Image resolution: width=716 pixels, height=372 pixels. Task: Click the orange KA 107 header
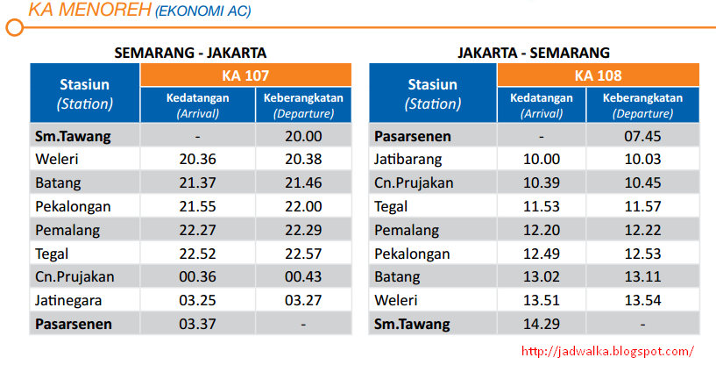click(245, 75)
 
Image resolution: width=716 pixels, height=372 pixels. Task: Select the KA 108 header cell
click(599, 75)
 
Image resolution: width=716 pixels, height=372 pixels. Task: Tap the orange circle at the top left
click(15, 27)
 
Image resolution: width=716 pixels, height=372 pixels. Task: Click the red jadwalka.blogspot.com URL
click(607, 351)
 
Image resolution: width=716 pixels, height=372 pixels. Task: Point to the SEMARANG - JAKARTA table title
click(190, 53)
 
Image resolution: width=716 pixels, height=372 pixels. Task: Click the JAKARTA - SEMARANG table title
click(534, 53)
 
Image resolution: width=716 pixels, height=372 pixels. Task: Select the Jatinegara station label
click(68, 301)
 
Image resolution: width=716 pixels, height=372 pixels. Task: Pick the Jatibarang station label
click(408, 160)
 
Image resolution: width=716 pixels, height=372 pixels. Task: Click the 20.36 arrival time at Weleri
click(197, 159)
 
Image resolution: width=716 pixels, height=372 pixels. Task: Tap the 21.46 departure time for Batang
click(303, 182)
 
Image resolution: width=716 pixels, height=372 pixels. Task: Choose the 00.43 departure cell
click(303, 277)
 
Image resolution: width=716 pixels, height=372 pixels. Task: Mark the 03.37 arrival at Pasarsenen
click(197, 324)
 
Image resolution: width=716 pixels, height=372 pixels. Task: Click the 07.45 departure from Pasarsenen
click(642, 136)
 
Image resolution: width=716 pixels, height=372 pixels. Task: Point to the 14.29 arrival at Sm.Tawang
click(541, 324)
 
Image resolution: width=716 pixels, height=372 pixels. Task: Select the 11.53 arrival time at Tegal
click(541, 206)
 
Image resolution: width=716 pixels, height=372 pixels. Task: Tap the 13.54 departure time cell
click(642, 300)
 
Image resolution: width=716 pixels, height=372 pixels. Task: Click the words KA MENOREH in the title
click(89, 10)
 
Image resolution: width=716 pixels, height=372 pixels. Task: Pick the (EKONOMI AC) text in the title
click(203, 11)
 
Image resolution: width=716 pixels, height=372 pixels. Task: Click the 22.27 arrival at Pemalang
click(197, 230)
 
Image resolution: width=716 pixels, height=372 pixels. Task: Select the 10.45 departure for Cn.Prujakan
click(642, 182)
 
